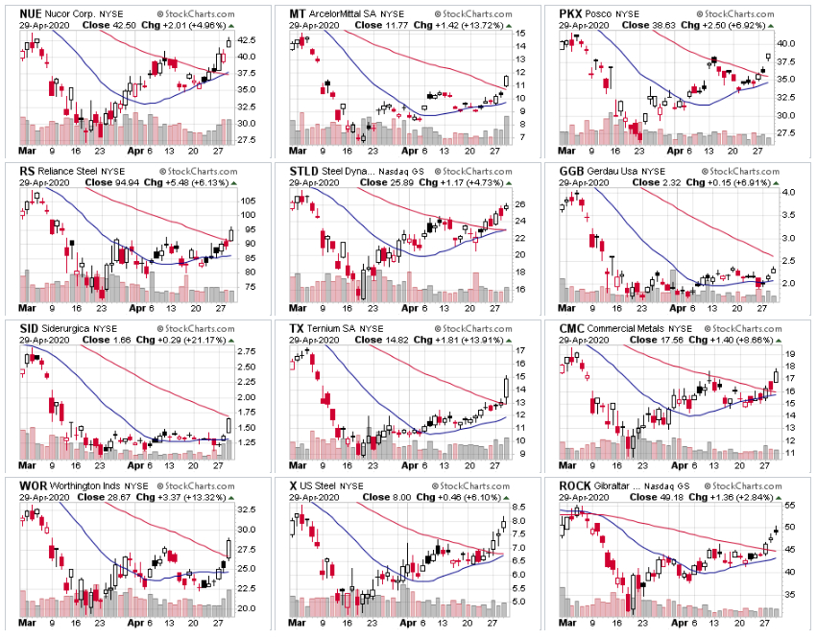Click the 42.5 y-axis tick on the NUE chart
tap(247, 39)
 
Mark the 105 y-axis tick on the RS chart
tap(247, 201)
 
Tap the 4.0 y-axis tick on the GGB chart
tap(787, 192)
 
